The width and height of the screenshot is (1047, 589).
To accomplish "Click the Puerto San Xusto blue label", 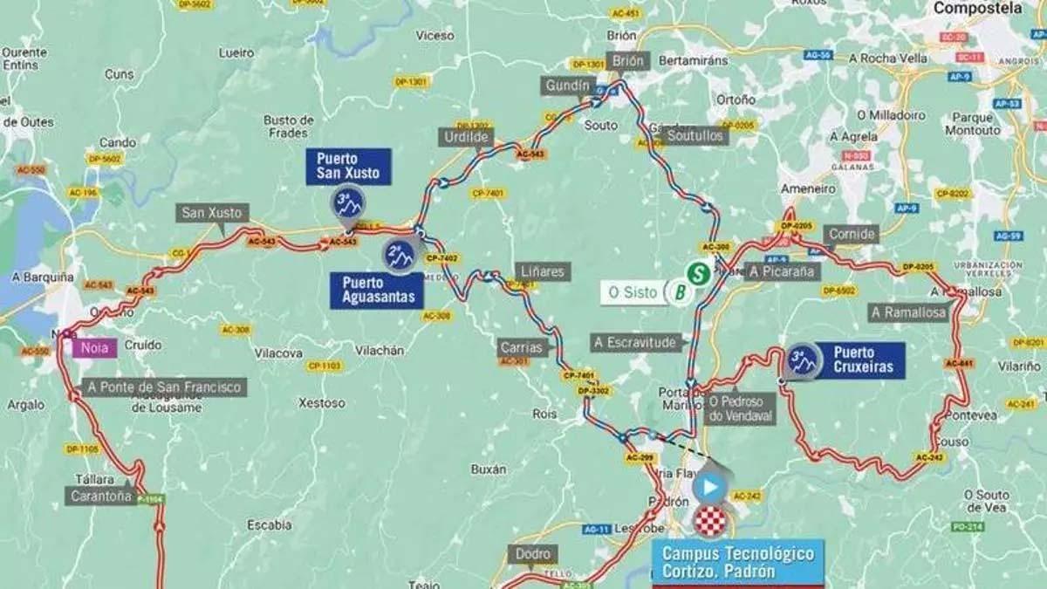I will click(x=348, y=166).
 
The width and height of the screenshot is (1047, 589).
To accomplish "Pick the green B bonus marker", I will click(x=679, y=293).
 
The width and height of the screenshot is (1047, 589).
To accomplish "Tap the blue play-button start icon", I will click(x=710, y=487).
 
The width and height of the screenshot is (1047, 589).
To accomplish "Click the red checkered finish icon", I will click(x=709, y=522).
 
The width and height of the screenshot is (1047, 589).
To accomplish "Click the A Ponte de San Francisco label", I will click(x=164, y=387).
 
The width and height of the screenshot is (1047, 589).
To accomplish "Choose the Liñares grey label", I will click(x=541, y=271).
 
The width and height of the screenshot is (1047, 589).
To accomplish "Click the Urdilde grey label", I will click(x=466, y=138).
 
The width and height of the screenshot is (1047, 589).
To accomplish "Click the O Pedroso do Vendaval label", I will click(x=741, y=408).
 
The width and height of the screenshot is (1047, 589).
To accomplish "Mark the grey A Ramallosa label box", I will click(x=908, y=312).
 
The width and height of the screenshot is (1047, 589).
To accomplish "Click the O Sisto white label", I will click(x=633, y=293).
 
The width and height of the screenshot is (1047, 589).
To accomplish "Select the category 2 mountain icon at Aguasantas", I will click(x=400, y=256).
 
